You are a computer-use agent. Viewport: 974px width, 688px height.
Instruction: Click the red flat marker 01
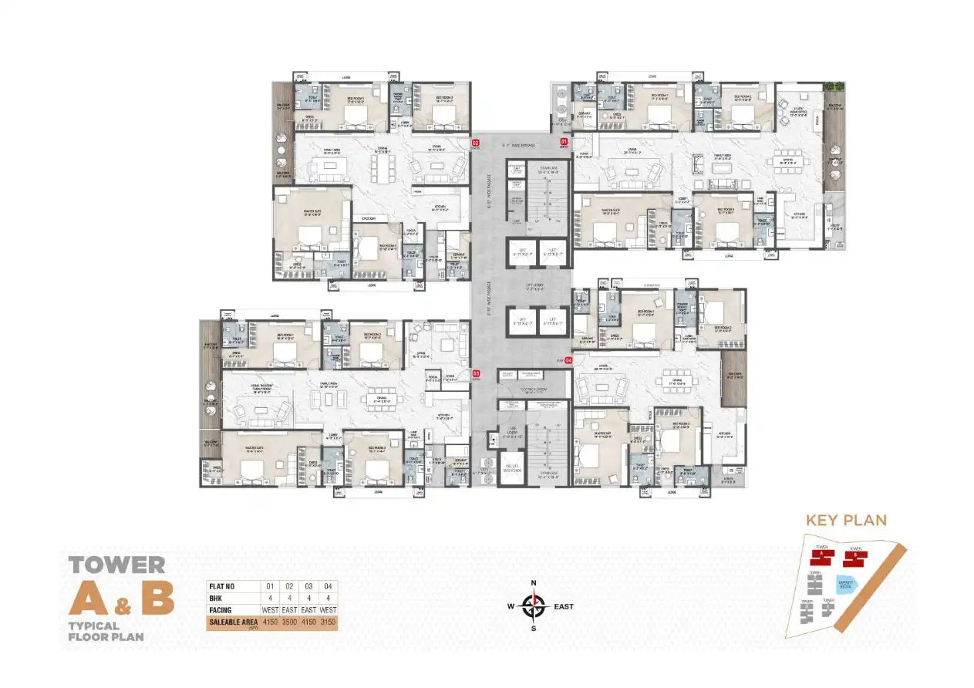pyautogui.click(x=564, y=142)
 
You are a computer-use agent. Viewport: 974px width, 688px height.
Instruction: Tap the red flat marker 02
pyautogui.click(x=476, y=143)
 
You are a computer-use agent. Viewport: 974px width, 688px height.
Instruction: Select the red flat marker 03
pyautogui.click(x=476, y=373)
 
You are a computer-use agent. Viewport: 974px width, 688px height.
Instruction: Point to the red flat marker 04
pyautogui.click(x=569, y=360)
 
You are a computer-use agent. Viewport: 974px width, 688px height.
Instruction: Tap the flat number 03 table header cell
pyautogui.click(x=308, y=587)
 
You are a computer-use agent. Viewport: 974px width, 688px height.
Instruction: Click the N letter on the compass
pyautogui.click(x=532, y=583)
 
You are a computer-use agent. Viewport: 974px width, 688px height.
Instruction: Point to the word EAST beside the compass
pyautogui.click(x=564, y=607)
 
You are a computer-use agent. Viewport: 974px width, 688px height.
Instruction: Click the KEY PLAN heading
pyautogui.click(x=846, y=520)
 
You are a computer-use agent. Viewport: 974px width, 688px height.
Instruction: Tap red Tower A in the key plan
pyautogui.click(x=822, y=555)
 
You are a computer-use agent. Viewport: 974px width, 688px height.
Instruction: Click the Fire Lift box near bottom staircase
pyautogui.click(x=510, y=468)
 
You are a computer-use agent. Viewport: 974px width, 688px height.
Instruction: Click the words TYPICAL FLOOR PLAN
pyautogui.click(x=105, y=632)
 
